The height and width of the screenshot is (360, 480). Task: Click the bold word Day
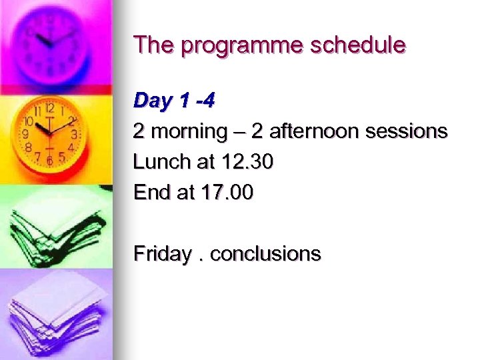[x=153, y=101]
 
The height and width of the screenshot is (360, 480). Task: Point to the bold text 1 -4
[x=197, y=100]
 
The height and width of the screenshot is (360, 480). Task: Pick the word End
[x=149, y=193]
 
